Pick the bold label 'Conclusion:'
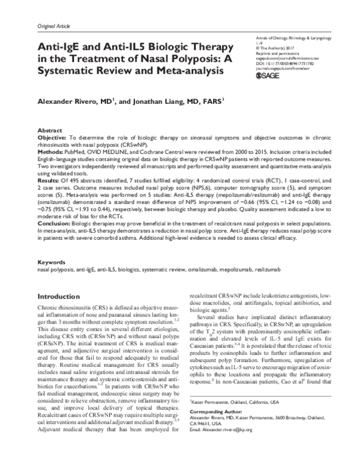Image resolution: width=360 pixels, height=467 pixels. click(x=54, y=208)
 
